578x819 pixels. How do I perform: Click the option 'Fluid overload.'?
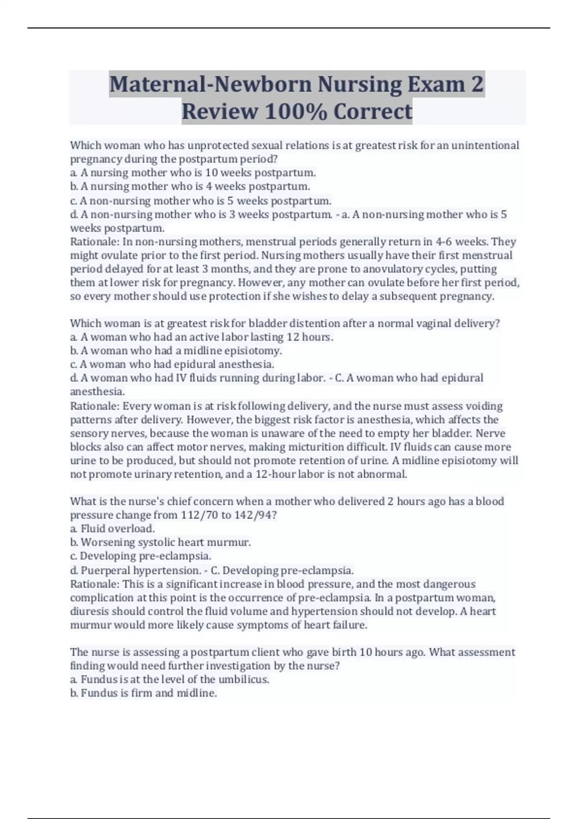tap(118, 528)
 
